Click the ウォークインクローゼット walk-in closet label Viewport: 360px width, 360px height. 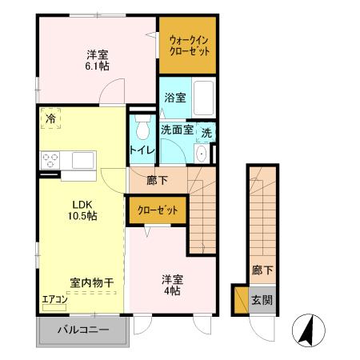pyautogui.click(x=189, y=45)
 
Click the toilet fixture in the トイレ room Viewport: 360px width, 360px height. pyautogui.click(x=143, y=127)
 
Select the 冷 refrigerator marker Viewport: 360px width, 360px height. pyautogui.click(x=50, y=118)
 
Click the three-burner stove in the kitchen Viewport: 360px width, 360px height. pyautogui.click(x=51, y=159)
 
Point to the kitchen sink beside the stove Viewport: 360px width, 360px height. pyautogui.click(x=83, y=160)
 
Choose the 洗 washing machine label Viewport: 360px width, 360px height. pyautogui.click(x=206, y=132)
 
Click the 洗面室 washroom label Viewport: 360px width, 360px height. pyautogui.click(x=177, y=130)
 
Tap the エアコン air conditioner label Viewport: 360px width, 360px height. pyautogui.click(x=55, y=301)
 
